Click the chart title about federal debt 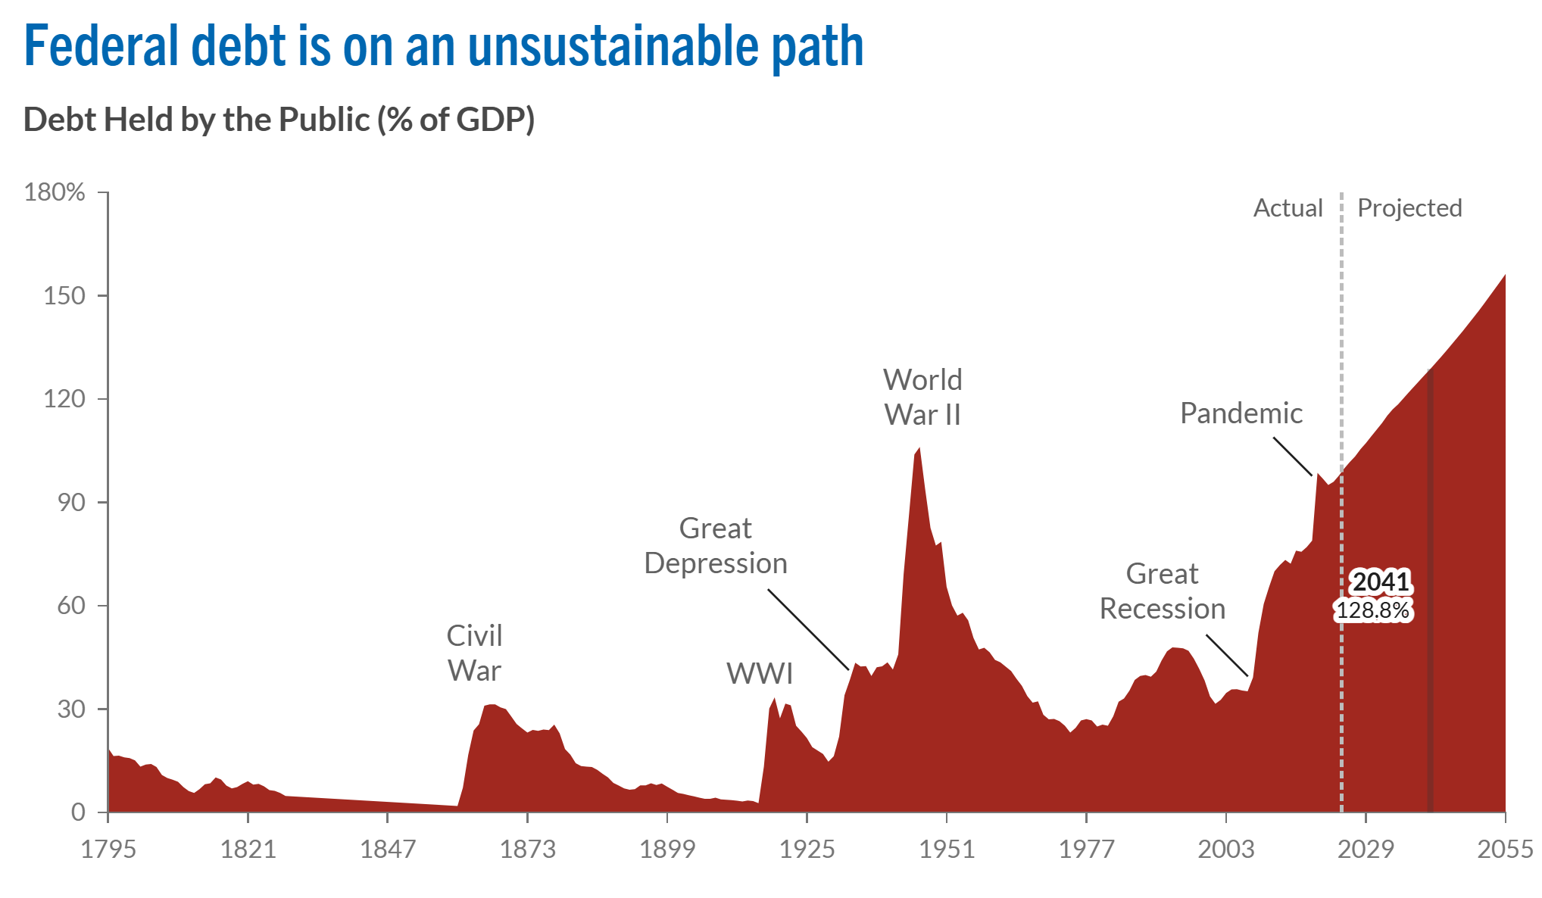coord(444,47)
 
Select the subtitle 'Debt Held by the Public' coord(279,120)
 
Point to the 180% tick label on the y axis coord(55,192)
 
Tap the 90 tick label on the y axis coord(71,503)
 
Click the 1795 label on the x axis coord(108,850)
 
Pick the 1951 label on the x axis coord(947,850)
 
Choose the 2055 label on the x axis coord(1505,850)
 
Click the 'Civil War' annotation coord(474,653)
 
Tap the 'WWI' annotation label coord(760,673)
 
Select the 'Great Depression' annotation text coord(716,546)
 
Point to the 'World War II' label coord(922,398)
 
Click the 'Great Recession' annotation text coord(1162,591)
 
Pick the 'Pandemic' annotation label coord(1241,413)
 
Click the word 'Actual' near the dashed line coord(1288,208)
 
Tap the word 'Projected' coord(1409,208)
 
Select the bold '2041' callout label coord(1381,582)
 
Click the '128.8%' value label coord(1372,610)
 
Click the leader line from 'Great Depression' coord(808,630)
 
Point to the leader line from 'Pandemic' coord(1292,457)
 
